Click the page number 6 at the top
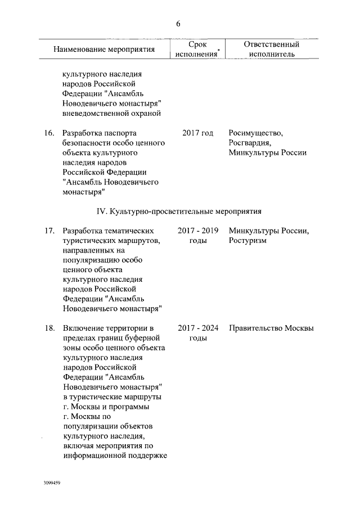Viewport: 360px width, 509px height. pyautogui.click(x=178, y=23)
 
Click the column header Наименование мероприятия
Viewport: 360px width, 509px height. pyautogui.click(x=104, y=49)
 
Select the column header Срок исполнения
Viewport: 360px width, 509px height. pyautogui.click(x=196, y=49)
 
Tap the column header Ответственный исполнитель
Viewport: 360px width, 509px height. pyautogui.click(x=271, y=49)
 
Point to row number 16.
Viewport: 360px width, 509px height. pyautogui.click(x=49, y=133)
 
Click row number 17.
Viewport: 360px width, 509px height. pyautogui.click(x=49, y=231)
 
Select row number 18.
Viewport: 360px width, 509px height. pyautogui.click(x=49, y=328)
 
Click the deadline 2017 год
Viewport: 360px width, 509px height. pyautogui.click(x=198, y=133)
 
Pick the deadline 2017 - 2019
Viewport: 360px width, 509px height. pyautogui.click(x=198, y=231)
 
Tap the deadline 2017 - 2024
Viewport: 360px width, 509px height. pyautogui.click(x=198, y=328)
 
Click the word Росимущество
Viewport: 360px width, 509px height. pyautogui.click(x=256, y=133)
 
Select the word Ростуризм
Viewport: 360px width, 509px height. pyautogui.click(x=247, y=241)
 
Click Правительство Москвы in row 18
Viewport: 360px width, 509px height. pyautogui.click(x=271, y=328)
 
